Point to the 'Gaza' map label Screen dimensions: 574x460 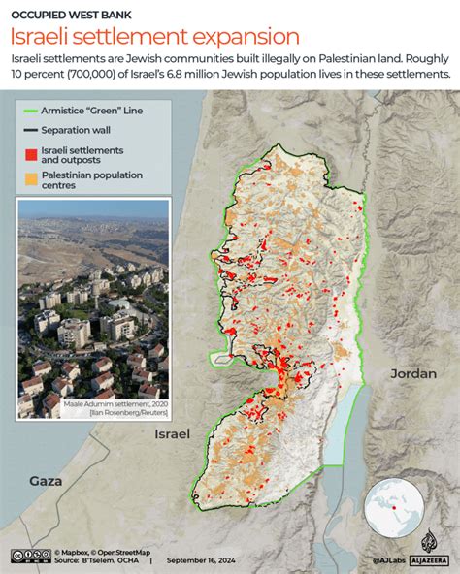45,481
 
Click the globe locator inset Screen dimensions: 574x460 401,506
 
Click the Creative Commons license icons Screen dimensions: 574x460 30,556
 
